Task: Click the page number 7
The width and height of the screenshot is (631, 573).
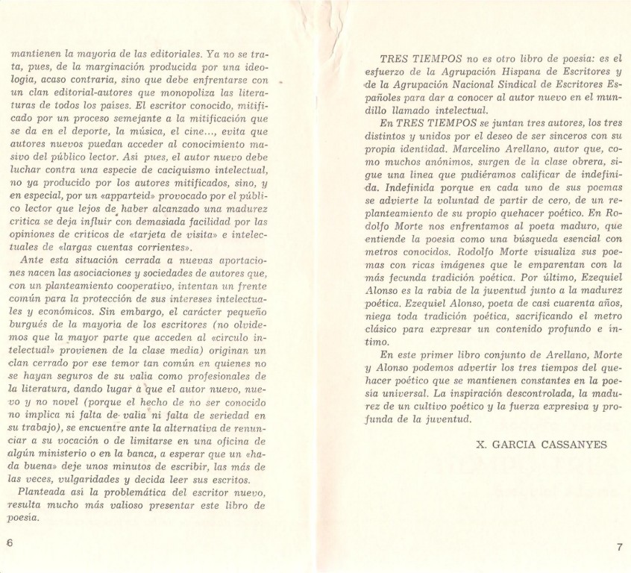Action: pyautogui.click(x=619, y=548)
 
